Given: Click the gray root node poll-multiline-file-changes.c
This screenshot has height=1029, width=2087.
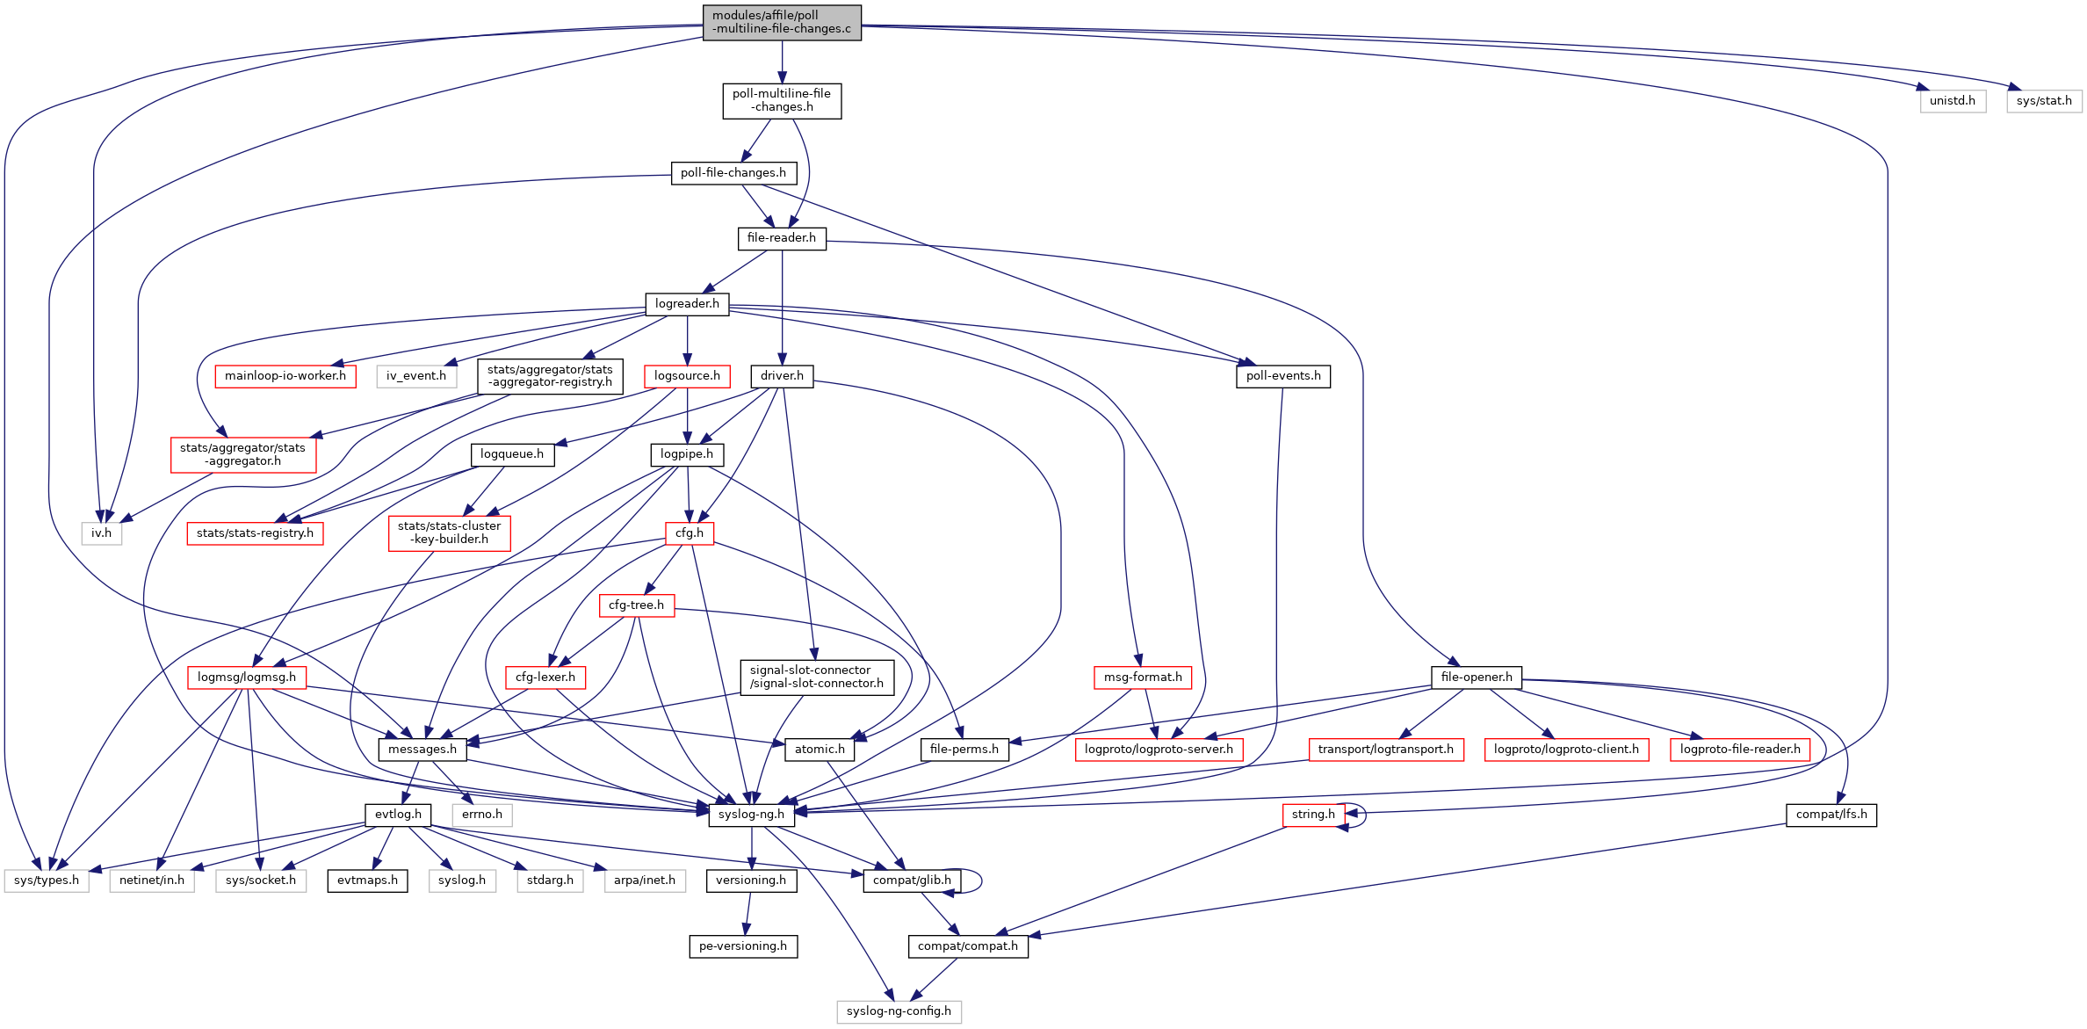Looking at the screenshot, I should pos(781,22).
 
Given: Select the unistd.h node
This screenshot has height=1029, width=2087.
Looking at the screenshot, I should pos(1952,100).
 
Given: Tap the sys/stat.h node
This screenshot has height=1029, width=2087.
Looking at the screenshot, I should pos(2043,100).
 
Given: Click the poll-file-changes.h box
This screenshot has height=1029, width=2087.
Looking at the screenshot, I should pos(733,172).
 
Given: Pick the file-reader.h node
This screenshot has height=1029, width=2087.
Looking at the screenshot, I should pos(781,237).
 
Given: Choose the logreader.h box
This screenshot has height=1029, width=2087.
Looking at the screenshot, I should pos(686,303).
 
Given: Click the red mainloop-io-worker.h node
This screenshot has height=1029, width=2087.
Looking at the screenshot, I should pos(285,375).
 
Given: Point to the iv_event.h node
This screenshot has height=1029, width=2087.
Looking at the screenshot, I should pos(415,375).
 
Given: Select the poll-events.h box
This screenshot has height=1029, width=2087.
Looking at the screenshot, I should pos(1282,375).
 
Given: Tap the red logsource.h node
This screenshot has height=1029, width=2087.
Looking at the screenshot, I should pos(686,375).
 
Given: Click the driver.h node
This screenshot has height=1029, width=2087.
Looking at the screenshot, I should pos(781,375).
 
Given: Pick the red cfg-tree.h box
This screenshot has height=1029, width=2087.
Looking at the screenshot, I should pos(636,605).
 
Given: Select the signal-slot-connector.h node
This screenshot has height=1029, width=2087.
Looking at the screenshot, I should pos(816,677).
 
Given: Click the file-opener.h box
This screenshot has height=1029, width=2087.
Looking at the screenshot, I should pos(1476,677).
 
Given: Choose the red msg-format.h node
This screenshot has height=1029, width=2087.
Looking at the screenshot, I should pos(1142,677).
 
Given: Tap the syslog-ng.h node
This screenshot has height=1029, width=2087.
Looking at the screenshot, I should pos(751,814).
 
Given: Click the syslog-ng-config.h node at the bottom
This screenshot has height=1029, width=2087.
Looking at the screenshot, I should pos(898,1011).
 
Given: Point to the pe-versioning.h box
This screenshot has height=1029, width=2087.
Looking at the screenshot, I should pos(742,946).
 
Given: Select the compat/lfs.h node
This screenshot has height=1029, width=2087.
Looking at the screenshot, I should pos(1831,814).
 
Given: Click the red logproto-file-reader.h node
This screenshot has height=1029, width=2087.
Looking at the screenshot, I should pos(1739,749).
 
